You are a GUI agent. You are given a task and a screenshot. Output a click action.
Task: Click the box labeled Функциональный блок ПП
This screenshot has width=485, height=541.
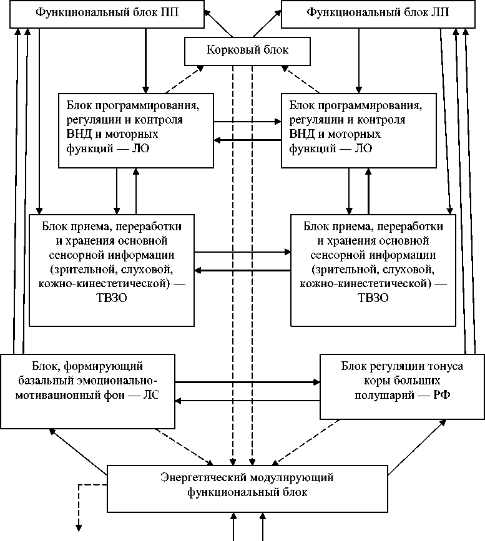click(x=107, y=13)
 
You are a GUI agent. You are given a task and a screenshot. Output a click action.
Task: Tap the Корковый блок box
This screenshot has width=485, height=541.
click(x=247, y=51)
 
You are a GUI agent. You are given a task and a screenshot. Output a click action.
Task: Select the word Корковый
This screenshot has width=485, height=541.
click(x=227, y=51)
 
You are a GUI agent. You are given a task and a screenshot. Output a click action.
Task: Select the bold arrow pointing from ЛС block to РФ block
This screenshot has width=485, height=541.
click(x=247, y=381)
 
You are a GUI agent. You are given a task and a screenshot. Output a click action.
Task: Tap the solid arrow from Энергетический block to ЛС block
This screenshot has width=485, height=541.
click(x=79, y=448)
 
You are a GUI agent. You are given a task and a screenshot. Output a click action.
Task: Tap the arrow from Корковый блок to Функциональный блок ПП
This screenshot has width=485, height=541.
click(x=218, y=24)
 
